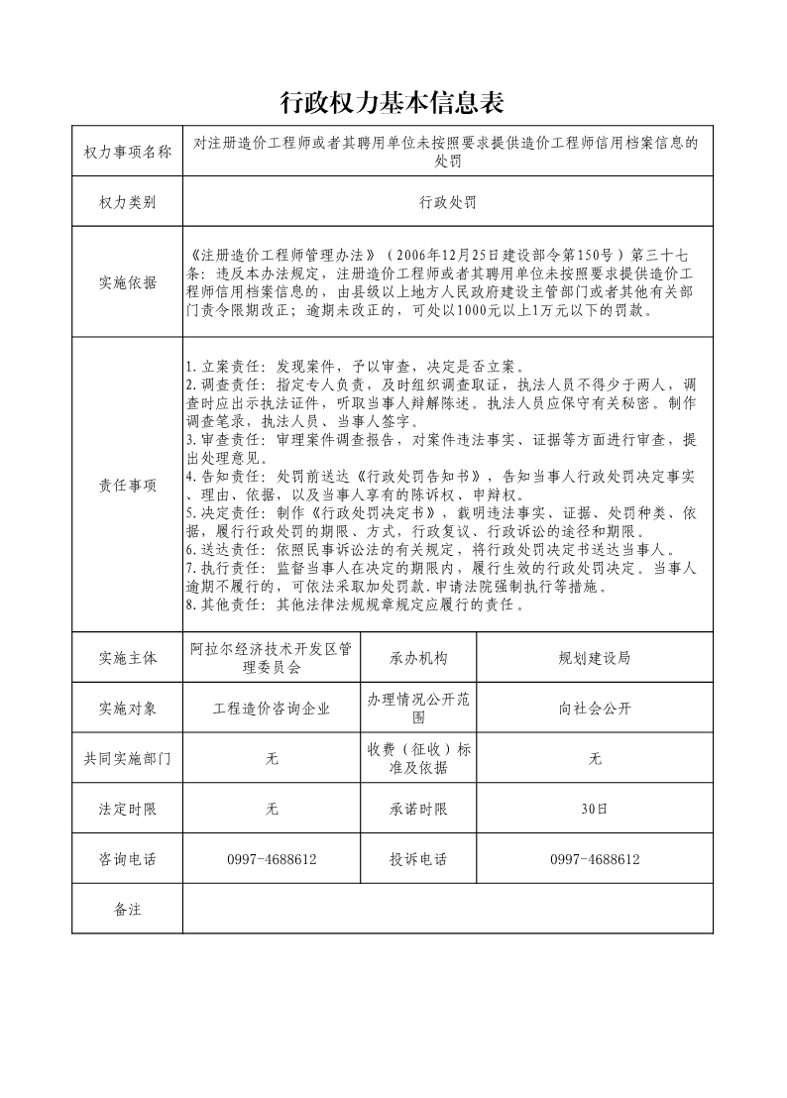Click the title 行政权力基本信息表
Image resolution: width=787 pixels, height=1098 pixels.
pos(393,102)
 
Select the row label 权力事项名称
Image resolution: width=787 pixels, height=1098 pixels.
pos(128,152)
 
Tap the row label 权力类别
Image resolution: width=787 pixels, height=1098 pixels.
pos(128,202)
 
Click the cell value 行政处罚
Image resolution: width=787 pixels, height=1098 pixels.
pos(448,202)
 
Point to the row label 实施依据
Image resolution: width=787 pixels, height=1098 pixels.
pos(128,282)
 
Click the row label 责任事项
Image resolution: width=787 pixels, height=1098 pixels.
pos(128,485)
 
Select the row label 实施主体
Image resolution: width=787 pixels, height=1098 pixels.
pos(128,658)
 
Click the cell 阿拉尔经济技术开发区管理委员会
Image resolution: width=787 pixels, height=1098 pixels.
pos(272,658)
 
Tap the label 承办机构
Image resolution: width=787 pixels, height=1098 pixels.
pos(418,658)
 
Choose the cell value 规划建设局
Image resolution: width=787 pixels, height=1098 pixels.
pos(595,658)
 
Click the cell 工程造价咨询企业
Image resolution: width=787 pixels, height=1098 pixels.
pos(272,709)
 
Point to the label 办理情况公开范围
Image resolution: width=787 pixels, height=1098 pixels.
pos(418,709)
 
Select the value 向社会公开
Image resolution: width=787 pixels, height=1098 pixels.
pos(595,709)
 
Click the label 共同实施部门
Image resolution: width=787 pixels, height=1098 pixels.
pos(128,759)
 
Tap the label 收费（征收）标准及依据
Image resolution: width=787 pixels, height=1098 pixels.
pos(418,759)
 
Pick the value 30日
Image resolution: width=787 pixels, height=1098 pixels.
pos(595,809)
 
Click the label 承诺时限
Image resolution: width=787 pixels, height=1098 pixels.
pos(418,809)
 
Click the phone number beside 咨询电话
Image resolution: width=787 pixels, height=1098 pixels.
pos(272,859)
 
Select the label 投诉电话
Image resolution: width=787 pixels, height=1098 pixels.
pos(418,859)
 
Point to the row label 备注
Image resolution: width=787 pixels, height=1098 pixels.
pos(128,909)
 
